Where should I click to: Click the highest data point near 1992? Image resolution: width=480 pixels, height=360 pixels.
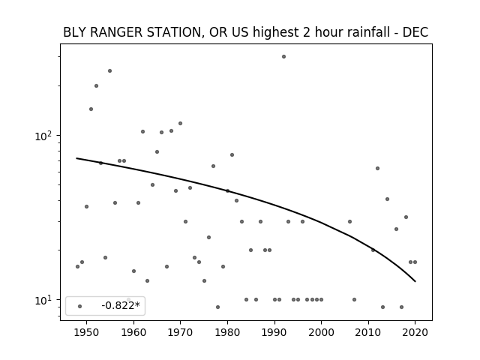coord(283,57)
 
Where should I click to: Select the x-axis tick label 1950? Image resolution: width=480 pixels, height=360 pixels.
coord(87,333)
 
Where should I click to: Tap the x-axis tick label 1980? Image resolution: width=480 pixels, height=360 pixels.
coord(227,333)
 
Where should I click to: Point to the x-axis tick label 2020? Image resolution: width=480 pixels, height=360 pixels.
coord(415,333)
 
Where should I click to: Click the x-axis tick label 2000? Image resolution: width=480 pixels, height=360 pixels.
coord(321,333)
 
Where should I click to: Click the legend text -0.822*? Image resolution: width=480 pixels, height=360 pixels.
coord(121,305)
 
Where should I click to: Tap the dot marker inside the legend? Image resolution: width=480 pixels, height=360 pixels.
coord(80,307)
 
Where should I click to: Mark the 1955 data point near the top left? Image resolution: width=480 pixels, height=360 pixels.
coord(109,71)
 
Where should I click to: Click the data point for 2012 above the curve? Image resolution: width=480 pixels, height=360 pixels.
coord(377,168)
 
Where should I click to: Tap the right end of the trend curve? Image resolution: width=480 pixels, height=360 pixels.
coord(415,281)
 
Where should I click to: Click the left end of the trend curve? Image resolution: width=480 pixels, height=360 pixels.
coord(76,158)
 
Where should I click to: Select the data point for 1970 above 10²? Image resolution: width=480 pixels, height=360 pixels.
coord(180,123)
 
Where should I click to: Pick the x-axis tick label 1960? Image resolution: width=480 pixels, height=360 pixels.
coord(133,333)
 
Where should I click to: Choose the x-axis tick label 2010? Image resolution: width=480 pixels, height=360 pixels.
coord(368,333)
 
